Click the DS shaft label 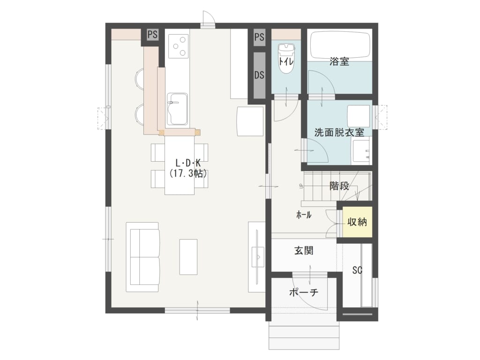click(259, 75)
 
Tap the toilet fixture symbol click(286, 58)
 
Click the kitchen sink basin click(177, 109)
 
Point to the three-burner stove click(178, 46)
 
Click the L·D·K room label click(188, 163)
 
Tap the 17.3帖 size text click(188, 173)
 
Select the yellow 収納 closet click(357, 222)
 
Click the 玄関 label click(304, 251)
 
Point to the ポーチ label click(304, 292)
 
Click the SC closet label click(357, 270)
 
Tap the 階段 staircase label click(339, 186)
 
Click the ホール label click(304, 215)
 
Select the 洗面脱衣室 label click(339, 133)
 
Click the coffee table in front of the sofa click(188, 257)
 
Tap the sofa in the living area click(142, 257)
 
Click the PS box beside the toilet click(259, 37)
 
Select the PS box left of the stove click(152, 34)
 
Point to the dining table click(180, 165)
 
